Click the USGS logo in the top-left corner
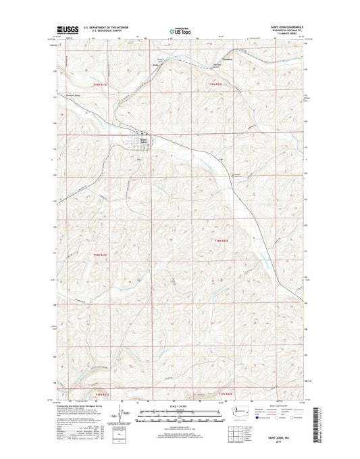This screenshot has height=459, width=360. (x=66, y=30)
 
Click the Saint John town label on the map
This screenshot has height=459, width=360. (x=143, y=141)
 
